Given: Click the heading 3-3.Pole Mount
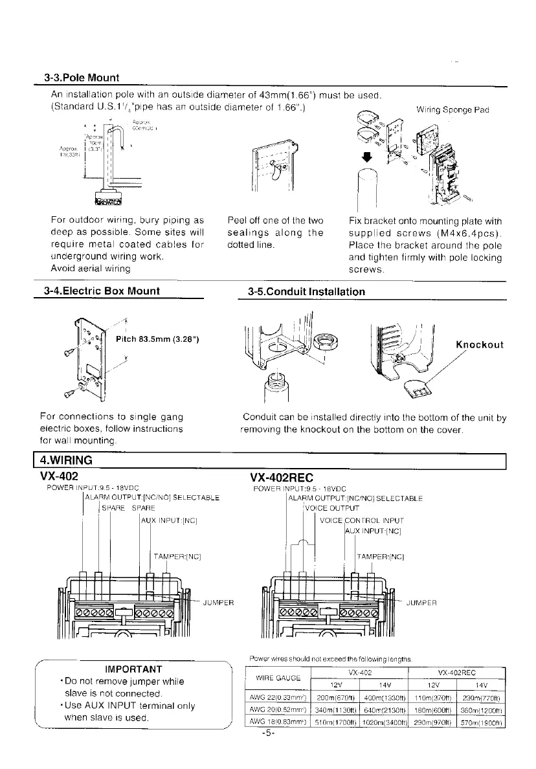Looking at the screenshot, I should point(82,78).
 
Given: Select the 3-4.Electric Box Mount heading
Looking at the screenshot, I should point(100,291).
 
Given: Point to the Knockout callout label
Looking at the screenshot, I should point(480,344).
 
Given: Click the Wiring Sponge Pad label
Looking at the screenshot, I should point(452,109).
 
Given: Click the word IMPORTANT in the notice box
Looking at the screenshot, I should point(133,669).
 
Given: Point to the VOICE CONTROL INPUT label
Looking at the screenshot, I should point(362,520).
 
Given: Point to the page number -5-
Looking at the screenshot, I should point(269,733).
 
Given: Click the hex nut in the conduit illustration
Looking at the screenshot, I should point(322,342).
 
